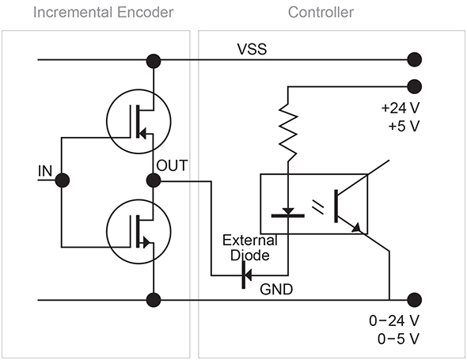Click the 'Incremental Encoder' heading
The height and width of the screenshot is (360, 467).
pos(103,13)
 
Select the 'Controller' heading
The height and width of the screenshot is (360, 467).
pos(321,13)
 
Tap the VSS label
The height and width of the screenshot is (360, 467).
pos(252,49)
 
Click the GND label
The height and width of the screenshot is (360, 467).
pos(276,289)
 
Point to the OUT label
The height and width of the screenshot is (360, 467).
pos(172,165)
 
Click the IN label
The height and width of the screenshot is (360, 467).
pos(45,171)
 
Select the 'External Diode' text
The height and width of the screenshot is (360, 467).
pos(250,248)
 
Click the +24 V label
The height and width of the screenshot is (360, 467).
pos(401,108)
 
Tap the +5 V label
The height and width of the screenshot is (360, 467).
pos(404,126)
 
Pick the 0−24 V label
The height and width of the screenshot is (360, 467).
pos(394,320)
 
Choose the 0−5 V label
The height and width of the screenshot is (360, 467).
pos(398,339)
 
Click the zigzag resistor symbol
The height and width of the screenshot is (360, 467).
pos(288,132)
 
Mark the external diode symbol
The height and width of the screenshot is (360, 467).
pos(247,275)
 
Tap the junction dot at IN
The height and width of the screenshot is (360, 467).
pos(63,180)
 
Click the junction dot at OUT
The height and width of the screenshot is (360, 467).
pos(154,180)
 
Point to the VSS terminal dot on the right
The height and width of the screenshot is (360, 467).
pos(414,59)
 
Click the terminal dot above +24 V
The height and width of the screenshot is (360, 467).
pos(414,87)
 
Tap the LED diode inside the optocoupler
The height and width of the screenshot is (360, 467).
pos(288,213)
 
